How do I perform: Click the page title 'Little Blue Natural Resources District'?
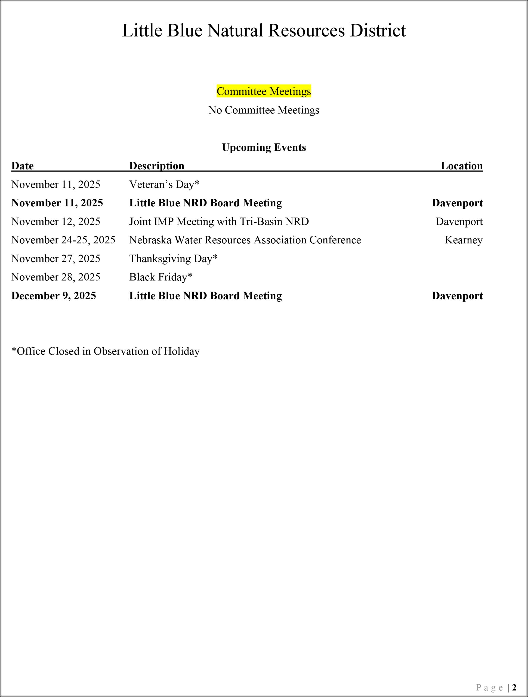(x=264, y=30)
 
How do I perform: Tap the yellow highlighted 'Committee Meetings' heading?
(x=264, y=91)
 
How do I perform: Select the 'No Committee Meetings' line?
(x=264, y=110)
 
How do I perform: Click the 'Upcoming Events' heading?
(x=264, y=148)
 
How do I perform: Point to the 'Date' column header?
(x=22, y=166)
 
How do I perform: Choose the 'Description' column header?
(x=157, y=166)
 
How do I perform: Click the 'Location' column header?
(x=462, y=166)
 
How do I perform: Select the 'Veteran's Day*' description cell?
(x=164, y=184)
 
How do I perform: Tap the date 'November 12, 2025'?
(x=56, y=222)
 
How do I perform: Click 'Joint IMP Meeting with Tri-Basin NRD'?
(x=219, y=222)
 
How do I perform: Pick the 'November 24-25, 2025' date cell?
(x=63, y=240)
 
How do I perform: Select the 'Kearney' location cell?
(x=464, y=240)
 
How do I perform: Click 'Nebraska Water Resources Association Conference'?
(x=245, y=240)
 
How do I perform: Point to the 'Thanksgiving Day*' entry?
(x=174, y=259)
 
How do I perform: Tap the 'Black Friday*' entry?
(x=161, y=277)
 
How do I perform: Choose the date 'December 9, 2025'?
(x=54, y=296)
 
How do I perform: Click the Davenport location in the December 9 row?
(x=457, y=296)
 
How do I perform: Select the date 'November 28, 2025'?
(x=56, y=277)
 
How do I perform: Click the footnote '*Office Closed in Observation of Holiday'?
(x=106, y=351)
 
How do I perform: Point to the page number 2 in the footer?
(x=514, y=687)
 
